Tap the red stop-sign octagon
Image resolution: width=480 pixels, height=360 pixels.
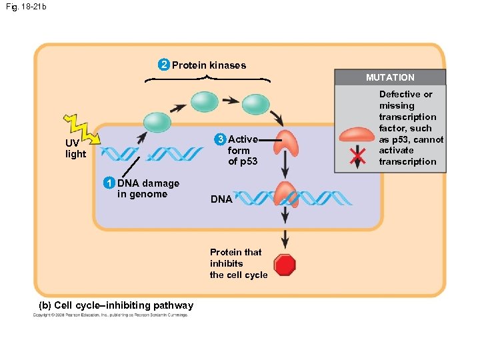click(285, 265)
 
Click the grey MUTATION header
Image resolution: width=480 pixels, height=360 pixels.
click(390, 77)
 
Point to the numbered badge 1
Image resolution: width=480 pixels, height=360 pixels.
click(109, 183)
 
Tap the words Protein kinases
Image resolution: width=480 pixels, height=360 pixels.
click(209, 65)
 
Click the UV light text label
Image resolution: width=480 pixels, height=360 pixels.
click(75, 149)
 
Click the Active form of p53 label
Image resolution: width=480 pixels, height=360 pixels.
click(243, 151)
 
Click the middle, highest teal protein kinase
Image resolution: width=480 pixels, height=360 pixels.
click(204, 101)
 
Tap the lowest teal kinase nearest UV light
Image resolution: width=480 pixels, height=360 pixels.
click(157, 121)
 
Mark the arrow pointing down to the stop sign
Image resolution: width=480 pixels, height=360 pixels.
click(285, 239)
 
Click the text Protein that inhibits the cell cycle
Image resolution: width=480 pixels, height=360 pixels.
click(238, 263)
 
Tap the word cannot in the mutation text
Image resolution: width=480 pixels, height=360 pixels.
click(429, 139)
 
